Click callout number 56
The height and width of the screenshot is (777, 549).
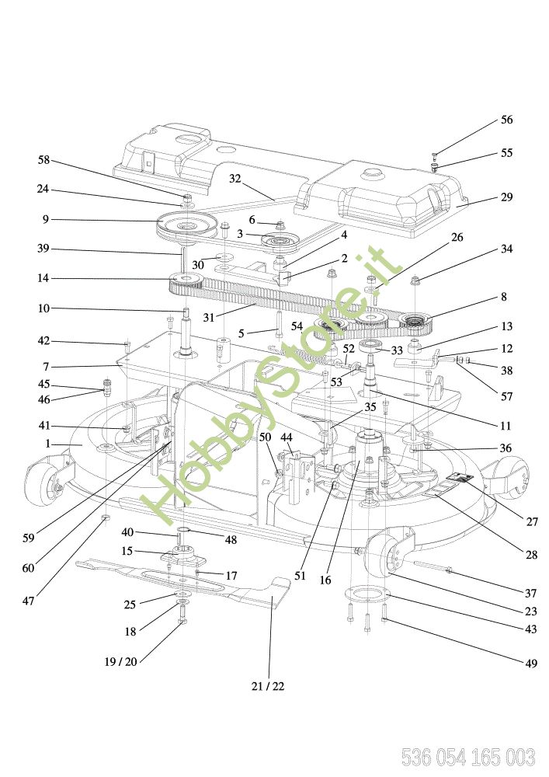[506, 120]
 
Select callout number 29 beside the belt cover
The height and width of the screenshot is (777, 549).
[506, 197]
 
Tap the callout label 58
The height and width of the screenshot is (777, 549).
[44, 159]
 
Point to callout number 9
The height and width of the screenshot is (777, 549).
[46, 219]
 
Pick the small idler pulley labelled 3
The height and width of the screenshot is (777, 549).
[280, 242]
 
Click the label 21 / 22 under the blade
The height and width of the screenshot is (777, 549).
[268, 686]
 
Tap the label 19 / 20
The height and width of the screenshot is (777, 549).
[120, 661]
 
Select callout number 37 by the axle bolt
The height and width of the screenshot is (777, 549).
[530, 593]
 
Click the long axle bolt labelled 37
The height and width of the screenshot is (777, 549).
[433, 567]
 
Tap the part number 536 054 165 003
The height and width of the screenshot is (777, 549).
[467, 757]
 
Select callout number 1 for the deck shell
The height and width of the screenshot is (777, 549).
[47, 444]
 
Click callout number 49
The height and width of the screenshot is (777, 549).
[530, 663]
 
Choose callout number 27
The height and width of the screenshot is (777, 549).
[532, 521]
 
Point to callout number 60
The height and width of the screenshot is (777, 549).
[28, 568]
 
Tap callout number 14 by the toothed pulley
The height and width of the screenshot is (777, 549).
[43, 278]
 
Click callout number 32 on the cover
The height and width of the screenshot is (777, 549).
[235, 179]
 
